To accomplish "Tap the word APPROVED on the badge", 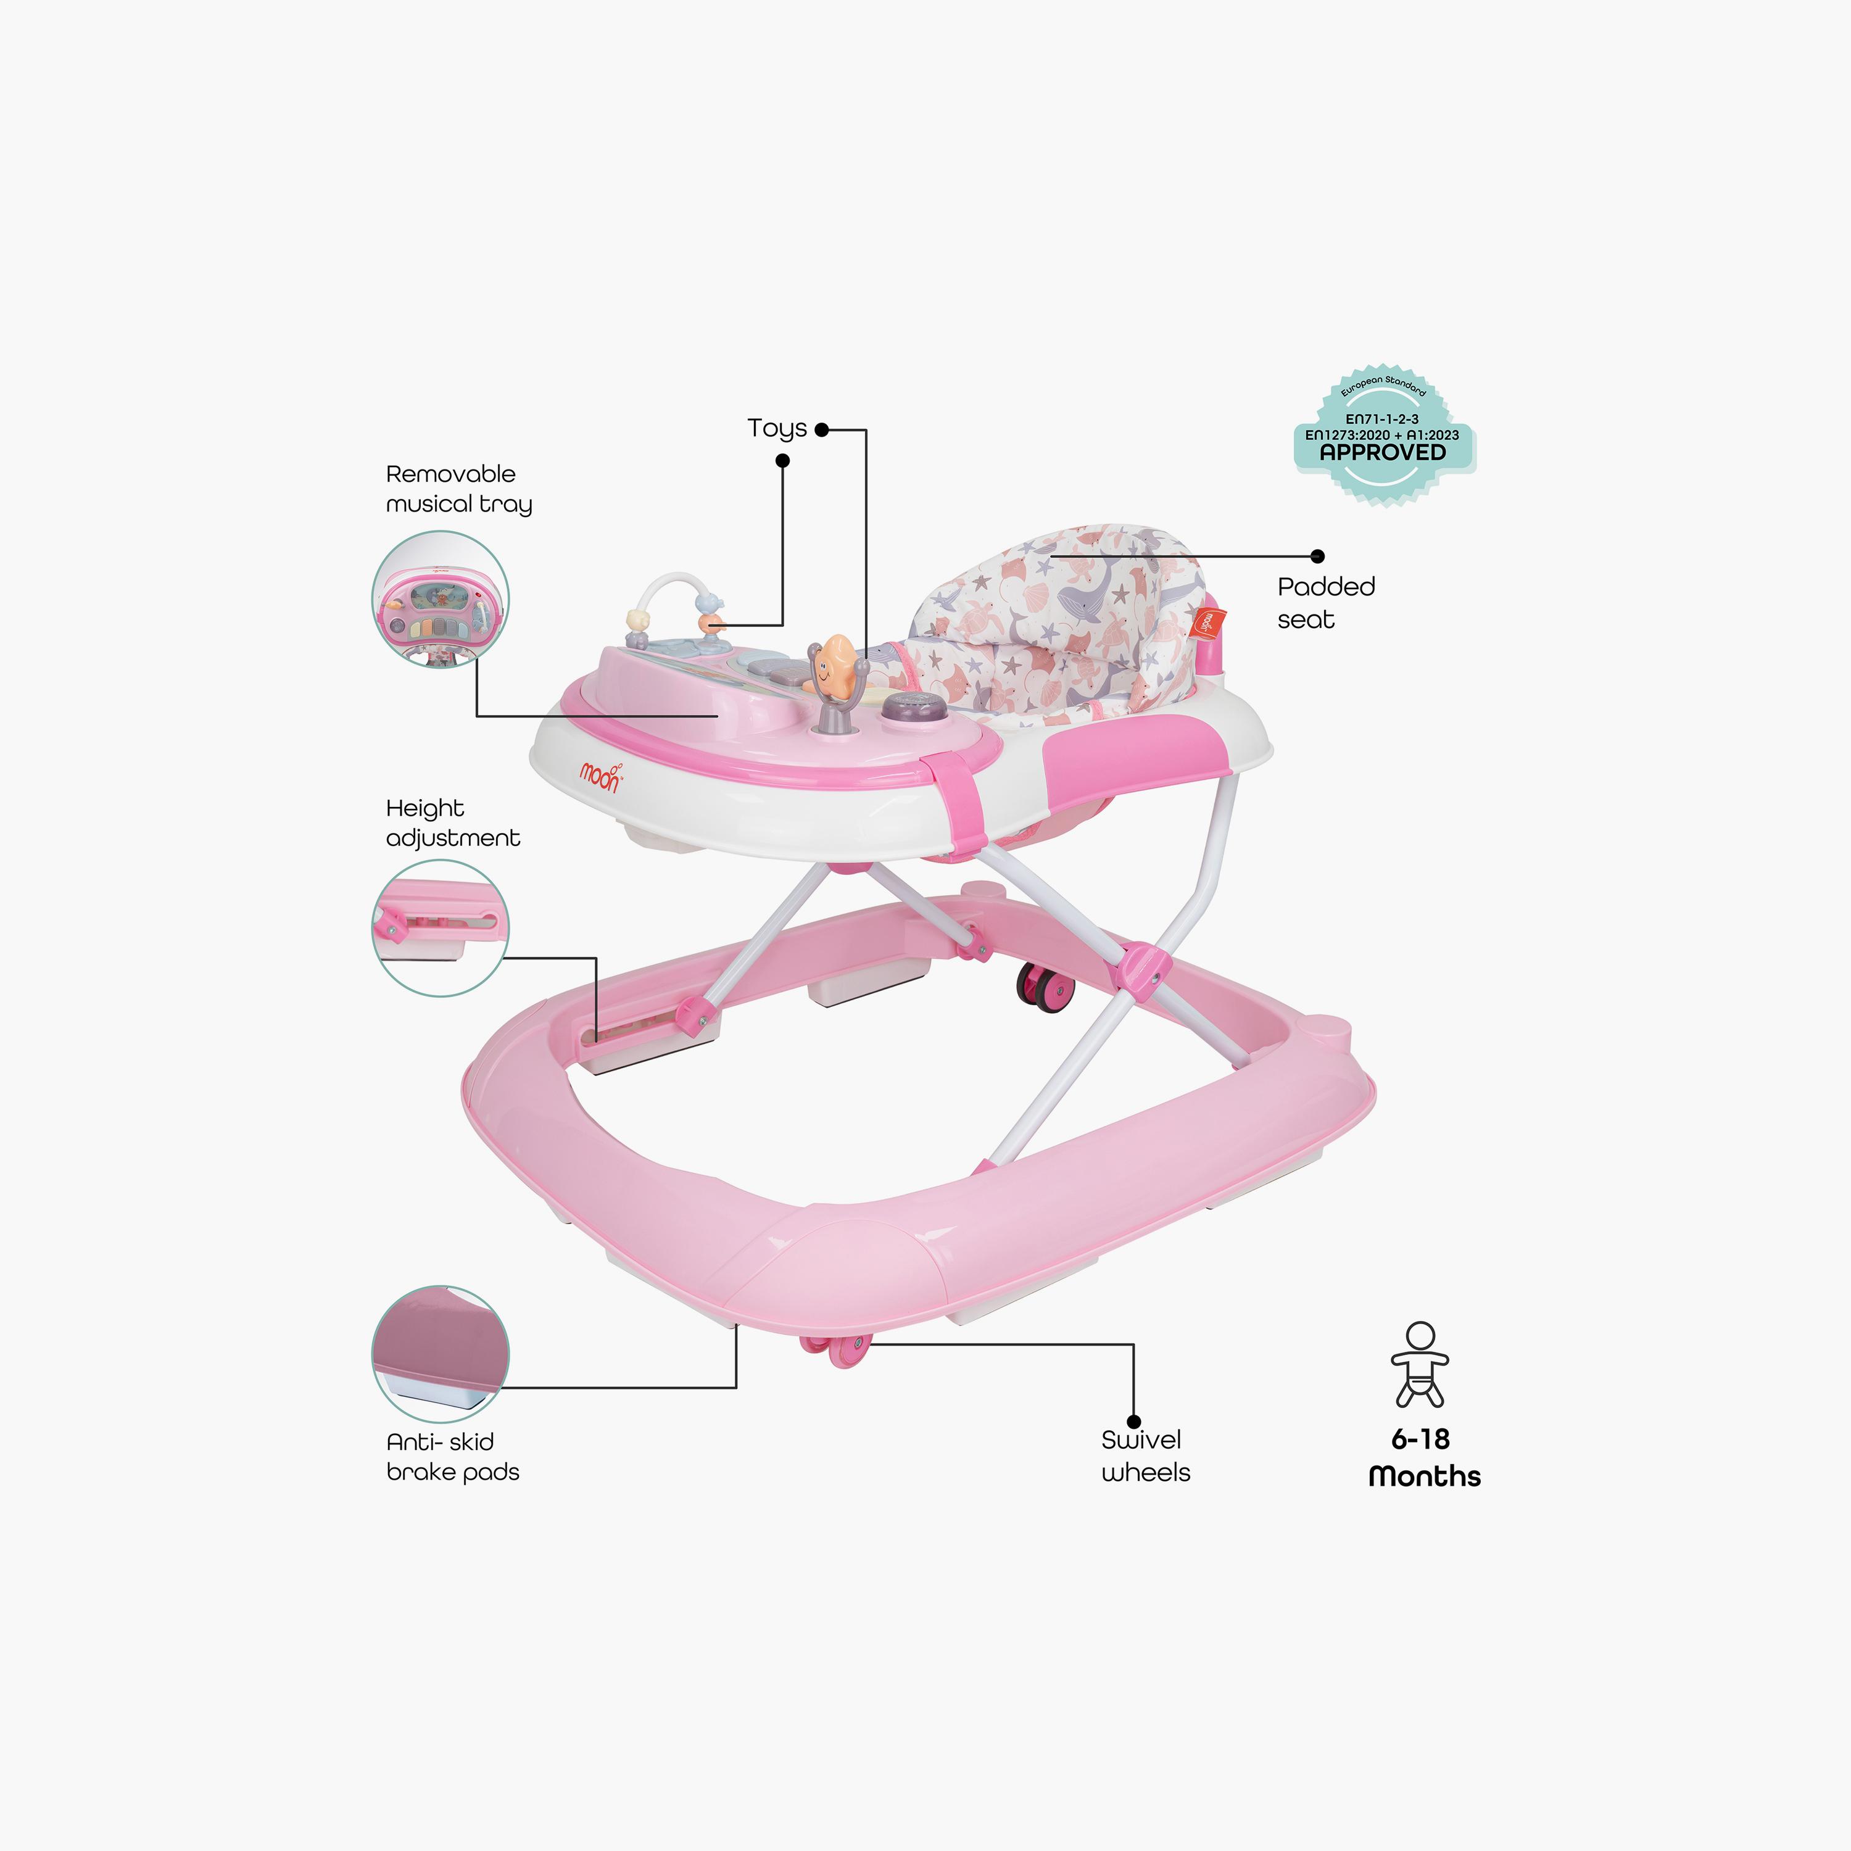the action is (1383, 452).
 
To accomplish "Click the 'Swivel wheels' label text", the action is (1146, 1456).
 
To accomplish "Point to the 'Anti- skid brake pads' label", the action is (452, 1456).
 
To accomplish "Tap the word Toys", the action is (777, 428).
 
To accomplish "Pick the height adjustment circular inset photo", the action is (440, 927).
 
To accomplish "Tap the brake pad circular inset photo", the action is (440, 1354).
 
